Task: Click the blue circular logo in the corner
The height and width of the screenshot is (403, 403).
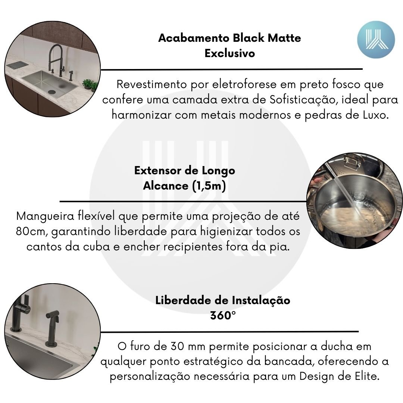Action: [x=376, y=40]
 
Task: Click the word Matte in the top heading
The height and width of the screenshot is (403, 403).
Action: [x=284, y=38]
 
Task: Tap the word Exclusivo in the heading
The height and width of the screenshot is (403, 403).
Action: [x=230, y=53]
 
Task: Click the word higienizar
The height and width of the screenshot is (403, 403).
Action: [x=227, y=232]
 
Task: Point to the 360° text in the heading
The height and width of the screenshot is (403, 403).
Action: [x=223, y=315]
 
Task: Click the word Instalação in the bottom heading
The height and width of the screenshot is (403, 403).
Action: [x=261, y=300]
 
